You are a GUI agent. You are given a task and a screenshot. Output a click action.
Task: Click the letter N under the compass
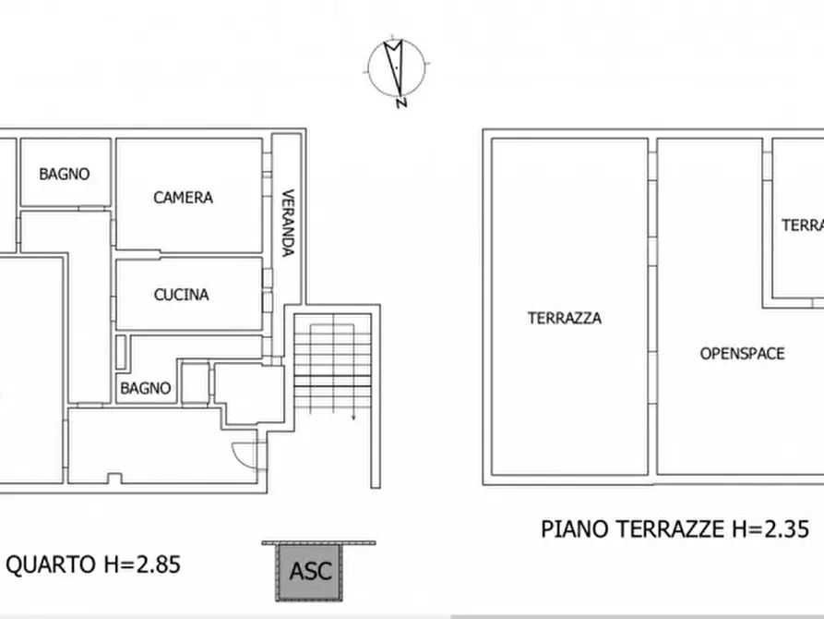coord(400,103)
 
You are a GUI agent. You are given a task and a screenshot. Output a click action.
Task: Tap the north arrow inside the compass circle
coord(396,65)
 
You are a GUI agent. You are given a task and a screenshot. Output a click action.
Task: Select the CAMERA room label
coord(183,197)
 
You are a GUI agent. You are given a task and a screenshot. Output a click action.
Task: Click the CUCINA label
coord(181,295)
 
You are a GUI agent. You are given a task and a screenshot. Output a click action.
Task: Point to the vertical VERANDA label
coord(288,223)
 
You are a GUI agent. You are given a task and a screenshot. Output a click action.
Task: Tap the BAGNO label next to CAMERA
coord(65,174)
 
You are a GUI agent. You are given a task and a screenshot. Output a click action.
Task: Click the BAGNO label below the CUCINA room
coord(146,389)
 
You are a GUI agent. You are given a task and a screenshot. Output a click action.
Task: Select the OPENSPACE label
coord(742,353)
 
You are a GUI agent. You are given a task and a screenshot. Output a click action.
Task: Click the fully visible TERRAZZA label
coord(564,319)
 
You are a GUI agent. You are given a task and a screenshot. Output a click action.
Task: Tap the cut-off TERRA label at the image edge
coord(801,225)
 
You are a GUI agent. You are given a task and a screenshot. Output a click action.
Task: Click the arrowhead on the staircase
coord(353,418)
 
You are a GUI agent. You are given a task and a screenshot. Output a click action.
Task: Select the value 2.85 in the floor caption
coord(149,564)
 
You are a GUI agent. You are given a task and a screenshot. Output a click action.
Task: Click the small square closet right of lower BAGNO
coord(194,383)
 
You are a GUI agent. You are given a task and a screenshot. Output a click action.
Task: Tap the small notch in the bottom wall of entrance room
coord(114,478)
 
